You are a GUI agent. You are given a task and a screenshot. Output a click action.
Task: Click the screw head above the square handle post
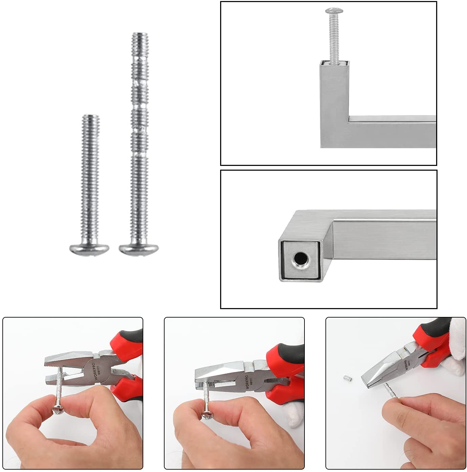(x=332, y=12)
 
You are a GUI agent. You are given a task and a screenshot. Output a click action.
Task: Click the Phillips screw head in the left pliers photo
(x=56, y=410)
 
